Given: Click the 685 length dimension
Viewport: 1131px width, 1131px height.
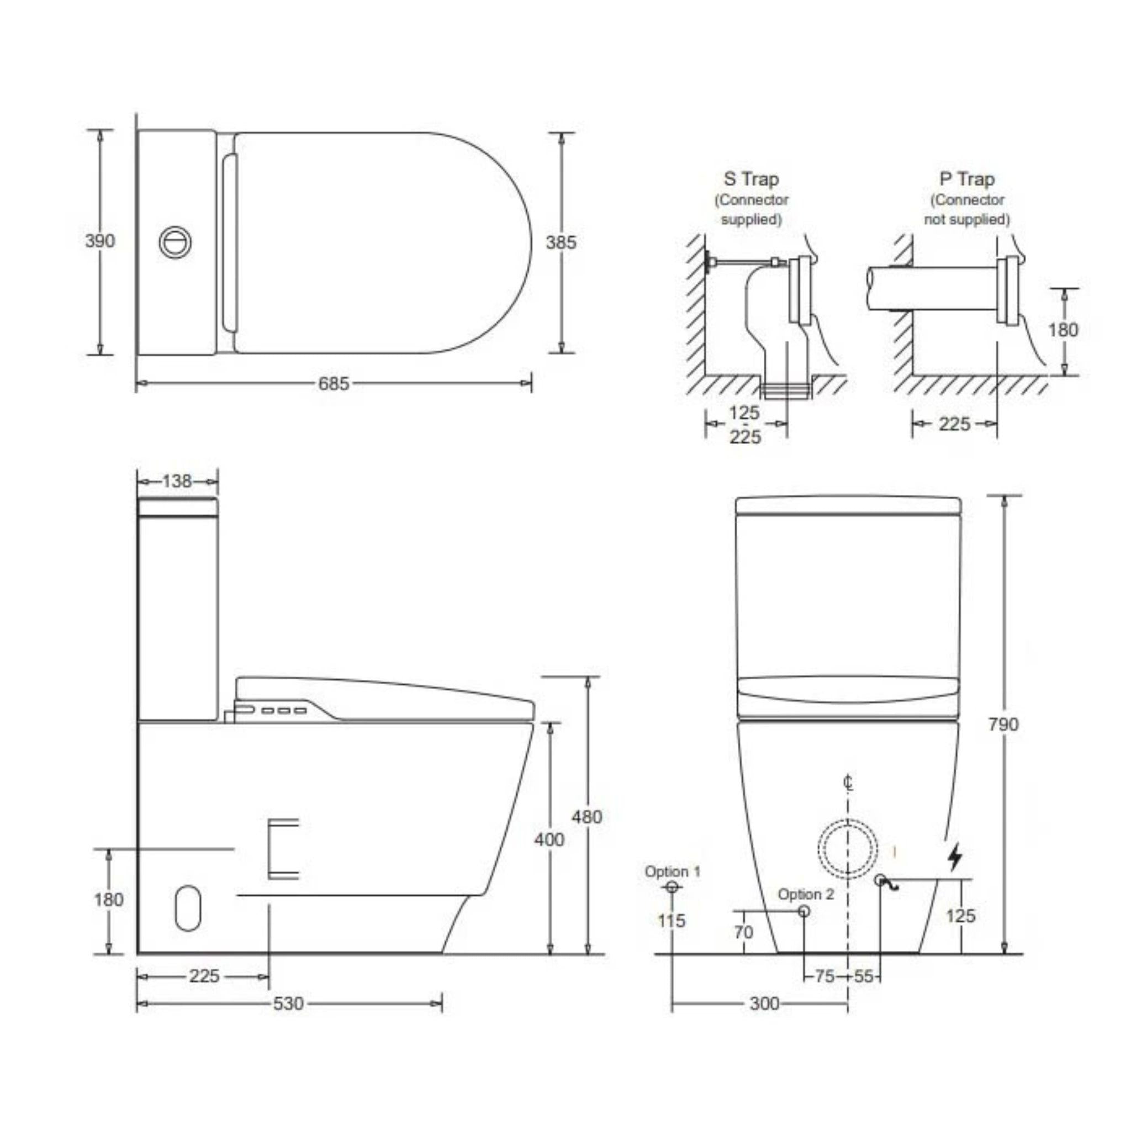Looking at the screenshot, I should [333, 384].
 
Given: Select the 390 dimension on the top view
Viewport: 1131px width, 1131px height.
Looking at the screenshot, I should [99, 241].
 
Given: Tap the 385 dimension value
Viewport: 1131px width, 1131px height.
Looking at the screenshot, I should [561, 242].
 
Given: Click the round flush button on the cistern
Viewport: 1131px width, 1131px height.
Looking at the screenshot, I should [176, 241].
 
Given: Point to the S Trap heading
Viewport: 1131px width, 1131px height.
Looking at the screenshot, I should [751, 179].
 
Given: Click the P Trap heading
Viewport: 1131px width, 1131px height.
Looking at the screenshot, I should [967, 179].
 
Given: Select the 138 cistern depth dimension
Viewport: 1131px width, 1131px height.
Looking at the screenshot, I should [177, 481].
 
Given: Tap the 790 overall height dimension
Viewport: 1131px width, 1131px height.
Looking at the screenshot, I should [1003, 724].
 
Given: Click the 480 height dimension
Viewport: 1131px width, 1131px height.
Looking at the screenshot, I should [586, 816].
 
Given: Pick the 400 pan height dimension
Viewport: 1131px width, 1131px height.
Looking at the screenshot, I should [548, 839].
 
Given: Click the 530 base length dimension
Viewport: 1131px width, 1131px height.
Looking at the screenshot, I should [289, 1003].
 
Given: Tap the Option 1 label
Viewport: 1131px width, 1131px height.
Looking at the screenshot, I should [672, 871].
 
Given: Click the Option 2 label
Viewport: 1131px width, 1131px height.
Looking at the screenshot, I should [806, 894].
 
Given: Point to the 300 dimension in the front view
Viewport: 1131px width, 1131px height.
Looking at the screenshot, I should [764, 1003].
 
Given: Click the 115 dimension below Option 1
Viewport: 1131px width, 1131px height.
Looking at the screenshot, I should [671, 921].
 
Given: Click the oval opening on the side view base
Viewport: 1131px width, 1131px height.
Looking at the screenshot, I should [188, 907].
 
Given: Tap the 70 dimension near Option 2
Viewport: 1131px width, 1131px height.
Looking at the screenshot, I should [743, 932].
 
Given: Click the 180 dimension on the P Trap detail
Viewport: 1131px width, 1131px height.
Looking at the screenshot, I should [1063, 330].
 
